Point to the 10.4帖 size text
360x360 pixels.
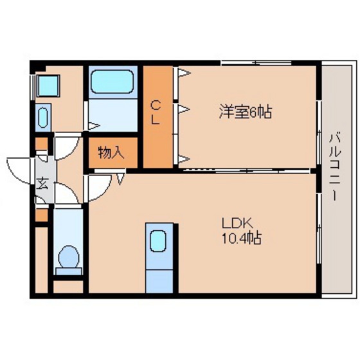click(242, 237)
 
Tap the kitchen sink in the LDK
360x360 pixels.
click(158, 242)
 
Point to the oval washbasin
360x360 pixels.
click(43, 118)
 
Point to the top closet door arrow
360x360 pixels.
click(184, 73)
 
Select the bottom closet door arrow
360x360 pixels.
click(184, 158)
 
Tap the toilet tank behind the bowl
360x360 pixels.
click(67, 272)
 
